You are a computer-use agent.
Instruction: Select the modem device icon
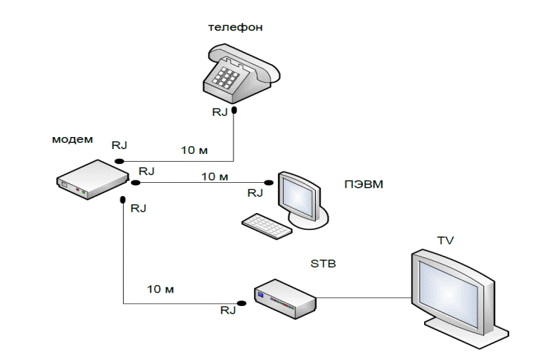(x=91, y=180)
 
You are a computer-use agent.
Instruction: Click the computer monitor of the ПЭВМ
(x=300, y=195)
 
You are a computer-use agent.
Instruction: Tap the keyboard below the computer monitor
(x=267, y=225)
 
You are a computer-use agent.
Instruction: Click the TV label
(x=445, y=240)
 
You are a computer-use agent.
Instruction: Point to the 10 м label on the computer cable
(x=215, y=176)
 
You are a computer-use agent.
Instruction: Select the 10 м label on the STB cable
(x=160, y=289)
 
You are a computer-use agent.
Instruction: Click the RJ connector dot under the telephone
(x=235, y=110)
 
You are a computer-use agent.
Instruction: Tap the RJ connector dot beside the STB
(x=241, y=303)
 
